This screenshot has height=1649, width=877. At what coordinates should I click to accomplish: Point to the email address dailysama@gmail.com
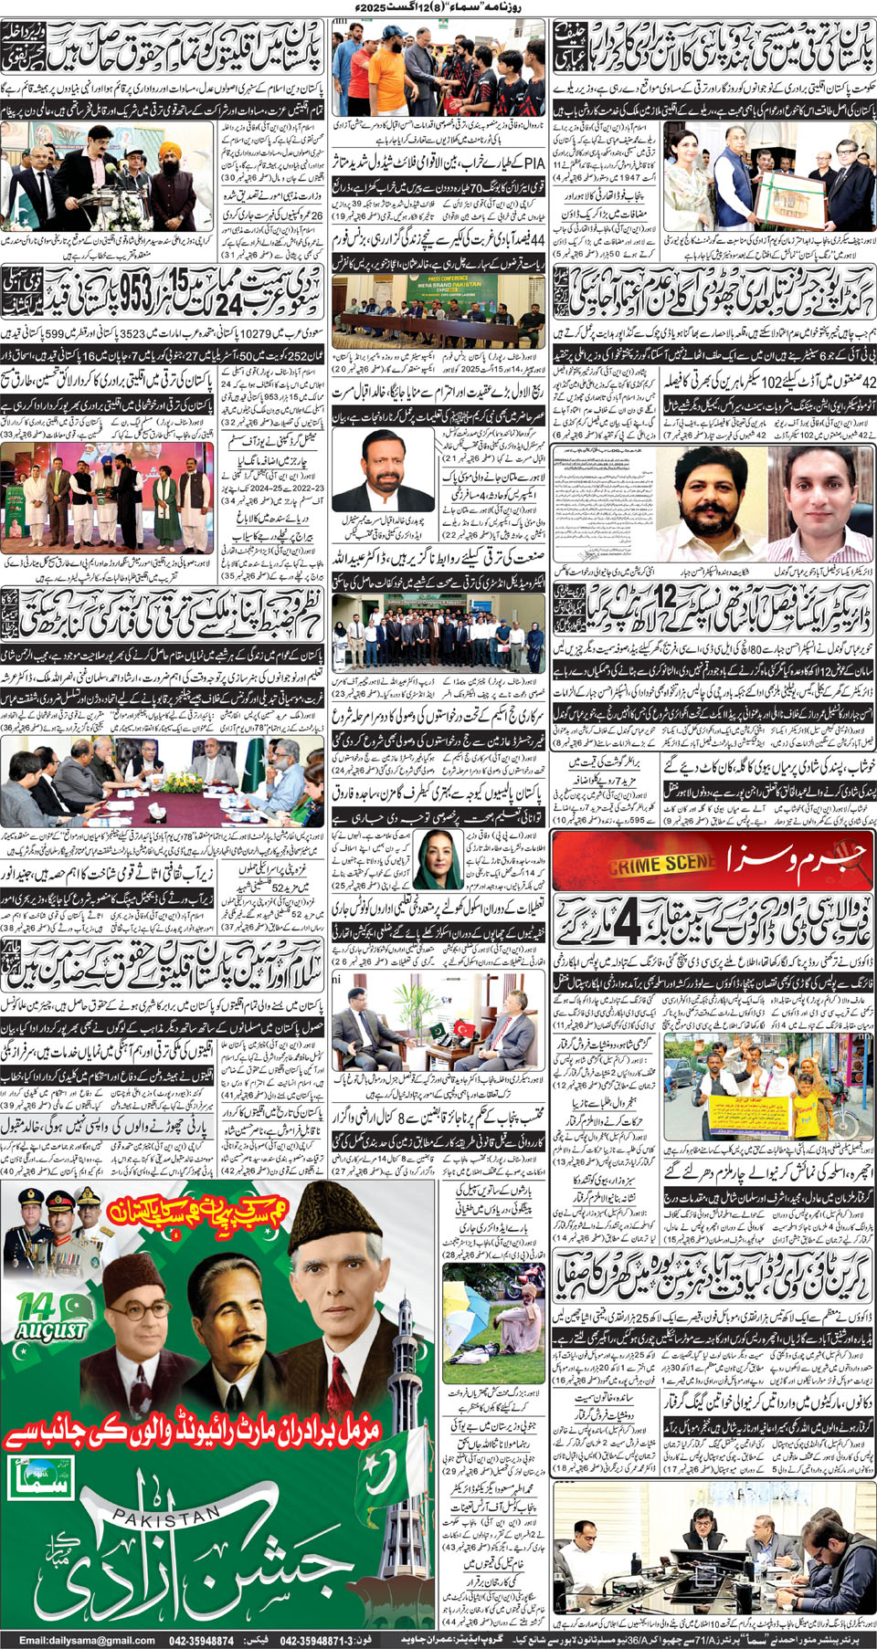pos(87,1641)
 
